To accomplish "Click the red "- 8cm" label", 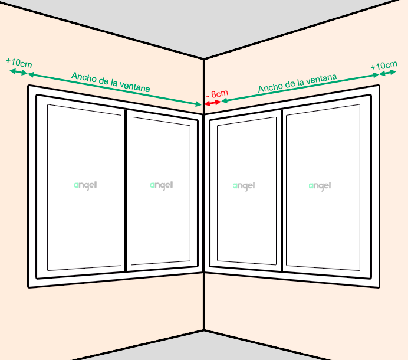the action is (x=217, y=94).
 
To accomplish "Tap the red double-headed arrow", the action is (x=213, y=103).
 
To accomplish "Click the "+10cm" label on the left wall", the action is (x=19, y=63).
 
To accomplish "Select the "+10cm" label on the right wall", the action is (x=384, y=66).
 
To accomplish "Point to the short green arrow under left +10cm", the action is (x=18, y=72).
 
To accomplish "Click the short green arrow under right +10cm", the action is (x=387, y=73).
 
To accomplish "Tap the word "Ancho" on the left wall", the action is (x=82, y=77).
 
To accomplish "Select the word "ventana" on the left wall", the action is (x=134, y=87).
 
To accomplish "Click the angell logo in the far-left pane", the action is (x=85, y=185).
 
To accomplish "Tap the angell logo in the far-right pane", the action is (x=320, y=186).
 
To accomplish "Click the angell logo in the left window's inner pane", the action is (x=162, y=185).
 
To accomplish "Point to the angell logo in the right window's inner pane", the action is (x=244, y=186).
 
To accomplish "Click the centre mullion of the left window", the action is (x=126, y=190).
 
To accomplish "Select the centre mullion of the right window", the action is (x=282, y=190).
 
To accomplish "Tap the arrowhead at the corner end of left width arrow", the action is (x=199, y=104).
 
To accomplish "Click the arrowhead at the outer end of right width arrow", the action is (x=376, y=75).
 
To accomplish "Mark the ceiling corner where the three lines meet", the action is (x=204, y=59).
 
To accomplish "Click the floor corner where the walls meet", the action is (x=204, y=330).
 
